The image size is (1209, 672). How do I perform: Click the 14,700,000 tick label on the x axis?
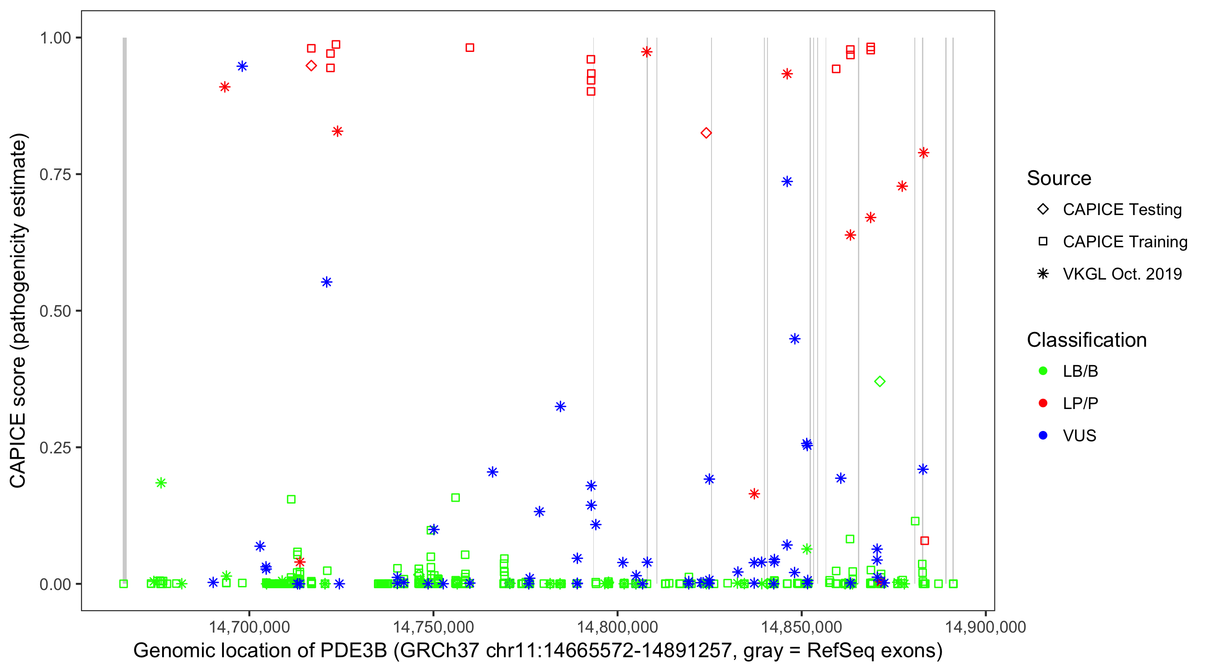click(249, 627)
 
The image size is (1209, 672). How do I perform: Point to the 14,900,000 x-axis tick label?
click(985, 627)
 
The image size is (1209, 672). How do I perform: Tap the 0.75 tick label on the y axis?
click(55, 175)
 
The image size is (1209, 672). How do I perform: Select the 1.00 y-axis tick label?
click(55, 38)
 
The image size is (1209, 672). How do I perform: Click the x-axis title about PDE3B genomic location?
click(538, 651)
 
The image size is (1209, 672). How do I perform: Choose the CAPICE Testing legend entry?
click(1122, 210)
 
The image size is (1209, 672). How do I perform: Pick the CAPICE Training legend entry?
click(1124, 242)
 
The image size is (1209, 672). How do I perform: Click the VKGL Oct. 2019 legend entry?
click(1122, 274)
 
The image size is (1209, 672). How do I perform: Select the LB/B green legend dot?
click(1043, 371)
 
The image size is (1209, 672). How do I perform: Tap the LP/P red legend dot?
click(1043, 403)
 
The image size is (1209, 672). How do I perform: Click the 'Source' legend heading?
click(1059, 178)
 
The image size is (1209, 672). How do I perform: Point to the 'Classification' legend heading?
click(1086, 340)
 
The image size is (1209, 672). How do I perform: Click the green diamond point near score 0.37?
click(880, 382)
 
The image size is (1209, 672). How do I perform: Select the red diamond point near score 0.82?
click(706, 134)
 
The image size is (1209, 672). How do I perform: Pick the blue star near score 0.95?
click(242, 66)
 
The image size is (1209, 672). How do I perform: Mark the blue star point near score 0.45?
click(794, 339)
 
